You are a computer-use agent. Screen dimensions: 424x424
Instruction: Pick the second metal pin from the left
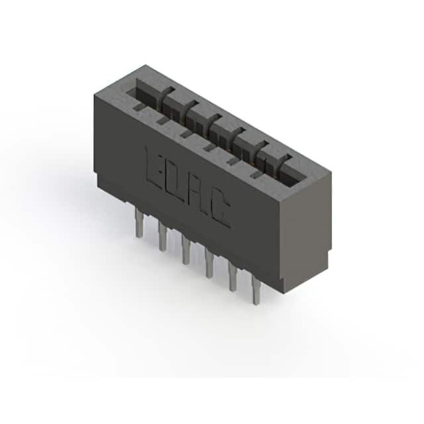[x=162, y=237]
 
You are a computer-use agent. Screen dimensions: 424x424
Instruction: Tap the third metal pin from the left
[x=186, y=250]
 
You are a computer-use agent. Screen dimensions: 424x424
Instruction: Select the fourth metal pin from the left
[x=209, y=264]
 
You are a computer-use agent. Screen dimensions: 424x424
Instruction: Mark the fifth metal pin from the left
[x=233, y=277]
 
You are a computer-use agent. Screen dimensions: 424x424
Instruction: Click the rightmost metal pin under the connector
[x=256, y=290]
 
